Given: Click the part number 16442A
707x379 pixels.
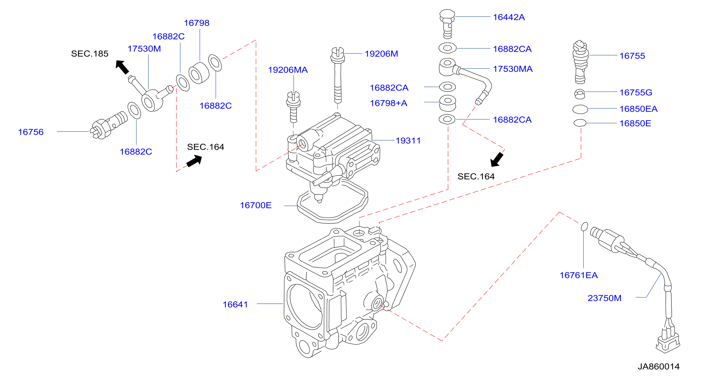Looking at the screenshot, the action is click(x=509, y=17).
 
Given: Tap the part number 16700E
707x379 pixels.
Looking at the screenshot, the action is click(x=256, y=205).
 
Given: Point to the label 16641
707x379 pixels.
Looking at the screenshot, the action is click(x=235, y=304).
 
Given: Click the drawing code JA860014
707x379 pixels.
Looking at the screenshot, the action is click(x=658, y=366).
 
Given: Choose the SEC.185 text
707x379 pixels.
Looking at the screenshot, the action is click(x=90, y=53).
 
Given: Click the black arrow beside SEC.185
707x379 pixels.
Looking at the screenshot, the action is click(x=122, y=67).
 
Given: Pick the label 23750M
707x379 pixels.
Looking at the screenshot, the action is click(x=604, y=298).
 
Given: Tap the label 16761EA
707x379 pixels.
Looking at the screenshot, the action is click(x=579, y=275).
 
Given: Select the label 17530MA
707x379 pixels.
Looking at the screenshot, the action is click(x=513, y=69).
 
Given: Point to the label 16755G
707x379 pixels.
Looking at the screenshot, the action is click(x=636, y=92).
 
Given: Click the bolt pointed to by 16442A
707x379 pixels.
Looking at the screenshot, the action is click(x=447, y=24).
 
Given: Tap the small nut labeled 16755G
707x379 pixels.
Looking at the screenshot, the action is click(x=579, y=94).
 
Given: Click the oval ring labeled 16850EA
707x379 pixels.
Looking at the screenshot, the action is click(x=580, y=109).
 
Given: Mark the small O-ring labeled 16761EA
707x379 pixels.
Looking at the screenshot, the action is click(x=584, y=227).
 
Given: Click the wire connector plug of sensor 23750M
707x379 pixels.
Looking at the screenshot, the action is click(x=668, y=342).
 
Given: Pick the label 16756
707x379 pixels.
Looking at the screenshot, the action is click(x=31, y=132).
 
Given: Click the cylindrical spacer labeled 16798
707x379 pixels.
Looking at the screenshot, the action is click(x=199, y=73).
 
